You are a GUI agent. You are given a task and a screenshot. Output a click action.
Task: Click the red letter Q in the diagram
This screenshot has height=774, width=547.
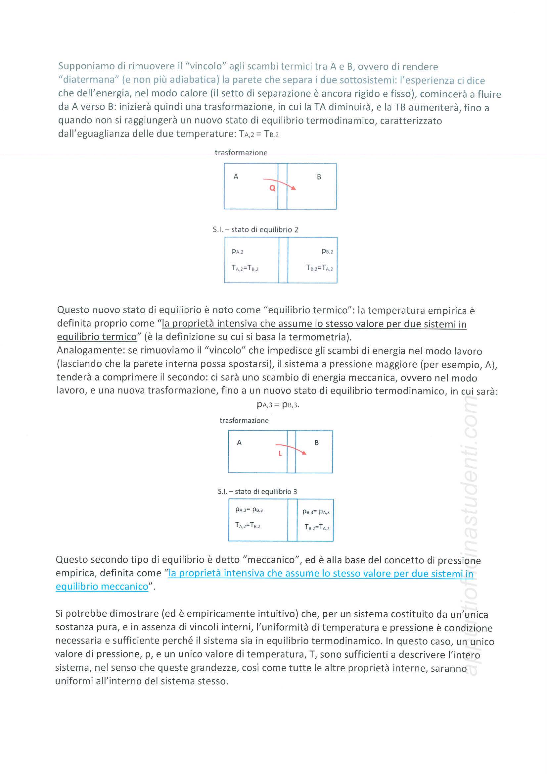tap(272, 188)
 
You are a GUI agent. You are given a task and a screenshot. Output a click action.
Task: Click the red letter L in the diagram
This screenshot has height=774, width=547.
tap(280, 454)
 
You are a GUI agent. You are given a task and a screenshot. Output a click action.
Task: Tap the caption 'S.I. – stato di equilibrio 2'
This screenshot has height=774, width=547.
tap(255, 230)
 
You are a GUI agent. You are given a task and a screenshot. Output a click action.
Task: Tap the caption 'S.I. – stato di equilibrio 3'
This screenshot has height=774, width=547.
tap(257, 492)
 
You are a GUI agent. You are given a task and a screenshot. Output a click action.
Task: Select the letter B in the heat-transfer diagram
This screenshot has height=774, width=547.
tap(319, 177)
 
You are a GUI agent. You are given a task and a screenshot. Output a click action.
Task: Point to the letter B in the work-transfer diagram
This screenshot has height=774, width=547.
tap(317, 443)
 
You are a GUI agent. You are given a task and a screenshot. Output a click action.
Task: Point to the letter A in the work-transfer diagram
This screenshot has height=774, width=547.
tap(239, 442)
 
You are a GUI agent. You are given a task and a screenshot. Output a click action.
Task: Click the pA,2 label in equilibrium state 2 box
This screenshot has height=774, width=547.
tap(238, 251)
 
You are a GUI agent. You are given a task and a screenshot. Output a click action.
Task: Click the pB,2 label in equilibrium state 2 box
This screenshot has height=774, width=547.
tap(327, 251)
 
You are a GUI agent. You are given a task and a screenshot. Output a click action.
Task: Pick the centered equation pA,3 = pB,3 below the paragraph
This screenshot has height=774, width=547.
tap(278, 404)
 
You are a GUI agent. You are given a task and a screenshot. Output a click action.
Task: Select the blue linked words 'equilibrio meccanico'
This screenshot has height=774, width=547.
tap(102, 587)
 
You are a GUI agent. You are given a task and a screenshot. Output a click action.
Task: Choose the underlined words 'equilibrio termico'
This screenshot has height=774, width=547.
tap(97, 337)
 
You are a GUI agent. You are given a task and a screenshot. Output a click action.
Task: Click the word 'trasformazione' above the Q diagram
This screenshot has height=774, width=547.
tap(241, 153)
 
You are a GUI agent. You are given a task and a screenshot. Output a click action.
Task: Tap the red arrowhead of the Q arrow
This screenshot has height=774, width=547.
tap(294, 188)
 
